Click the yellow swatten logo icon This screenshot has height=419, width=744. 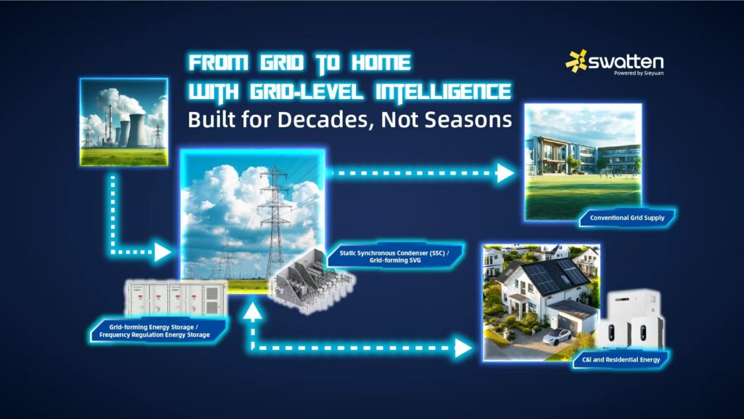click(x=576, y=61)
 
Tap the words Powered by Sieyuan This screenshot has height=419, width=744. click(x=639, y=73)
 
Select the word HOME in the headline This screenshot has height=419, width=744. click(x=381, y=63)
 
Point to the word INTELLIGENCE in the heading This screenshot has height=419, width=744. click(x=442, y=92)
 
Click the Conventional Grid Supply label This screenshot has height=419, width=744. click(x=627, y=218)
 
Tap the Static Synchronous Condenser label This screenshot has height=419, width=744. click(x=395, y=257)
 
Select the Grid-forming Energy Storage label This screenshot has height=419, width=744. click(x=155, y=331)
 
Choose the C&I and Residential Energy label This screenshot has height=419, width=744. click(x=620, y=359)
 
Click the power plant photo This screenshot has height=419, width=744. click(x=124, y=122)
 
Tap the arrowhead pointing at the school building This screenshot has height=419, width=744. click(x=506, y=173)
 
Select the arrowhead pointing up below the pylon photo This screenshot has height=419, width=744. click(x=253, y=311)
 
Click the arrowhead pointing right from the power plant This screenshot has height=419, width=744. click(x=163, y=252)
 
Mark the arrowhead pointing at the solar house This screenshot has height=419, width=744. click(x=463, y=348)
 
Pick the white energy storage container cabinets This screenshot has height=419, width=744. click(x=176, y=298)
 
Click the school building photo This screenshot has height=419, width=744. click(x=583, y=162)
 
